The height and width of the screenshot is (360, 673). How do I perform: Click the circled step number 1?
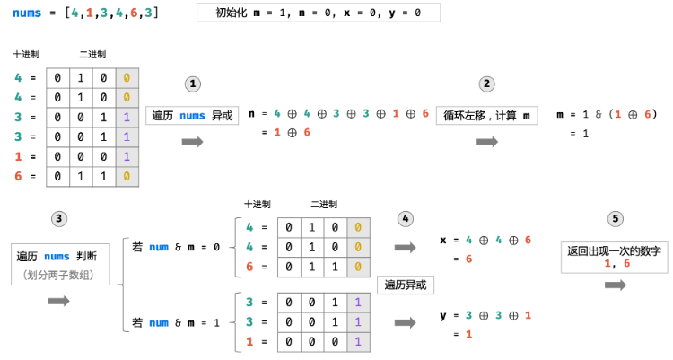tap(192, 83)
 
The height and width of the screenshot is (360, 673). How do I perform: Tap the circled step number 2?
tap(487, 83)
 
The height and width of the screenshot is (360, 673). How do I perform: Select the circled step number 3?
tap(60, 218)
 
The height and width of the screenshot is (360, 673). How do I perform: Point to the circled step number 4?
tap(406, 218)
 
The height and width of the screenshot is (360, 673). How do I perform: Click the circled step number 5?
tap(615, 218)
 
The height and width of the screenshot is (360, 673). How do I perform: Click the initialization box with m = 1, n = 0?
tap(318, 13)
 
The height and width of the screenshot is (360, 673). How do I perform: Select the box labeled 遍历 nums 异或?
tap(192, 114)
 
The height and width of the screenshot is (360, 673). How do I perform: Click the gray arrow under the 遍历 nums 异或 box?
tap(192, 142)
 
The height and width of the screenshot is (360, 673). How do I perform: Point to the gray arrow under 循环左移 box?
tap(487, 142)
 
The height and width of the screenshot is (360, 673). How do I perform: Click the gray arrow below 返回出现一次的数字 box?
tap(616, 285)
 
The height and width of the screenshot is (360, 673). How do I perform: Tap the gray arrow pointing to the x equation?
tap(406, 247)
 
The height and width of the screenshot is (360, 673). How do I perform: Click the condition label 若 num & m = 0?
tap(176, 247)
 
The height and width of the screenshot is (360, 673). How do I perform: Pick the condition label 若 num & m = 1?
tap(176, 322)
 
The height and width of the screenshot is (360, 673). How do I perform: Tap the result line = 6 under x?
tap(463, 259)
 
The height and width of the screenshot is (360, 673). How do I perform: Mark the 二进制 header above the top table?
tap(93, 55)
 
